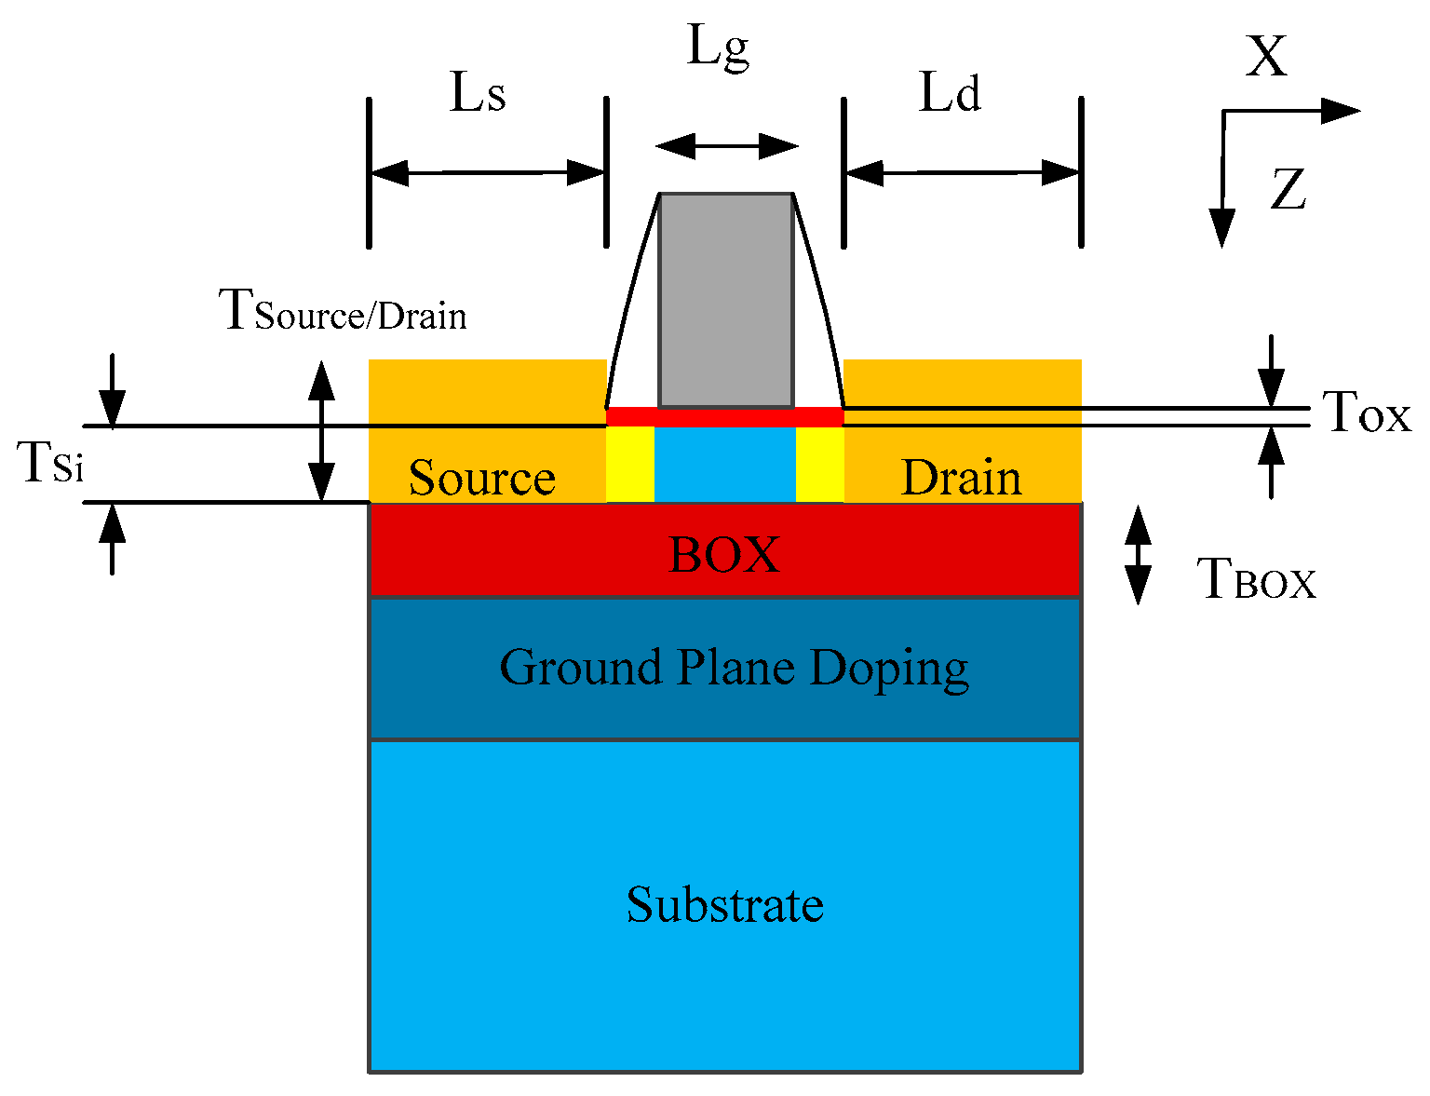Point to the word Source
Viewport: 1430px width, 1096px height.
coord(481,479)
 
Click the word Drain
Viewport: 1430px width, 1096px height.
coord(961,479)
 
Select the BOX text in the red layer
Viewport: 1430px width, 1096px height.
coord(724,555)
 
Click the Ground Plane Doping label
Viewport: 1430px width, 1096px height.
coord(734,668)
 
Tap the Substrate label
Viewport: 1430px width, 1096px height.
coord(724,905)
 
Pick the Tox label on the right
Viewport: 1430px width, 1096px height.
coord(1366,413)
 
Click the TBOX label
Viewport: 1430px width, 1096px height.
coord(1256,580)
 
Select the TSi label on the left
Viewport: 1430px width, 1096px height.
coord(52,463)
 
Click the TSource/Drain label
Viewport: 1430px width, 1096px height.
coord(342,311)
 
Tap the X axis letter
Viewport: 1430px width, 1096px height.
coord(1266,58)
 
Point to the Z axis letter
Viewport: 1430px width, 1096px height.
coord(1288,190)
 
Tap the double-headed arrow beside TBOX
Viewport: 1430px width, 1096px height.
coord(1138,556)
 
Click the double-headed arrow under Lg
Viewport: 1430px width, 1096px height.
coord(726,146)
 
